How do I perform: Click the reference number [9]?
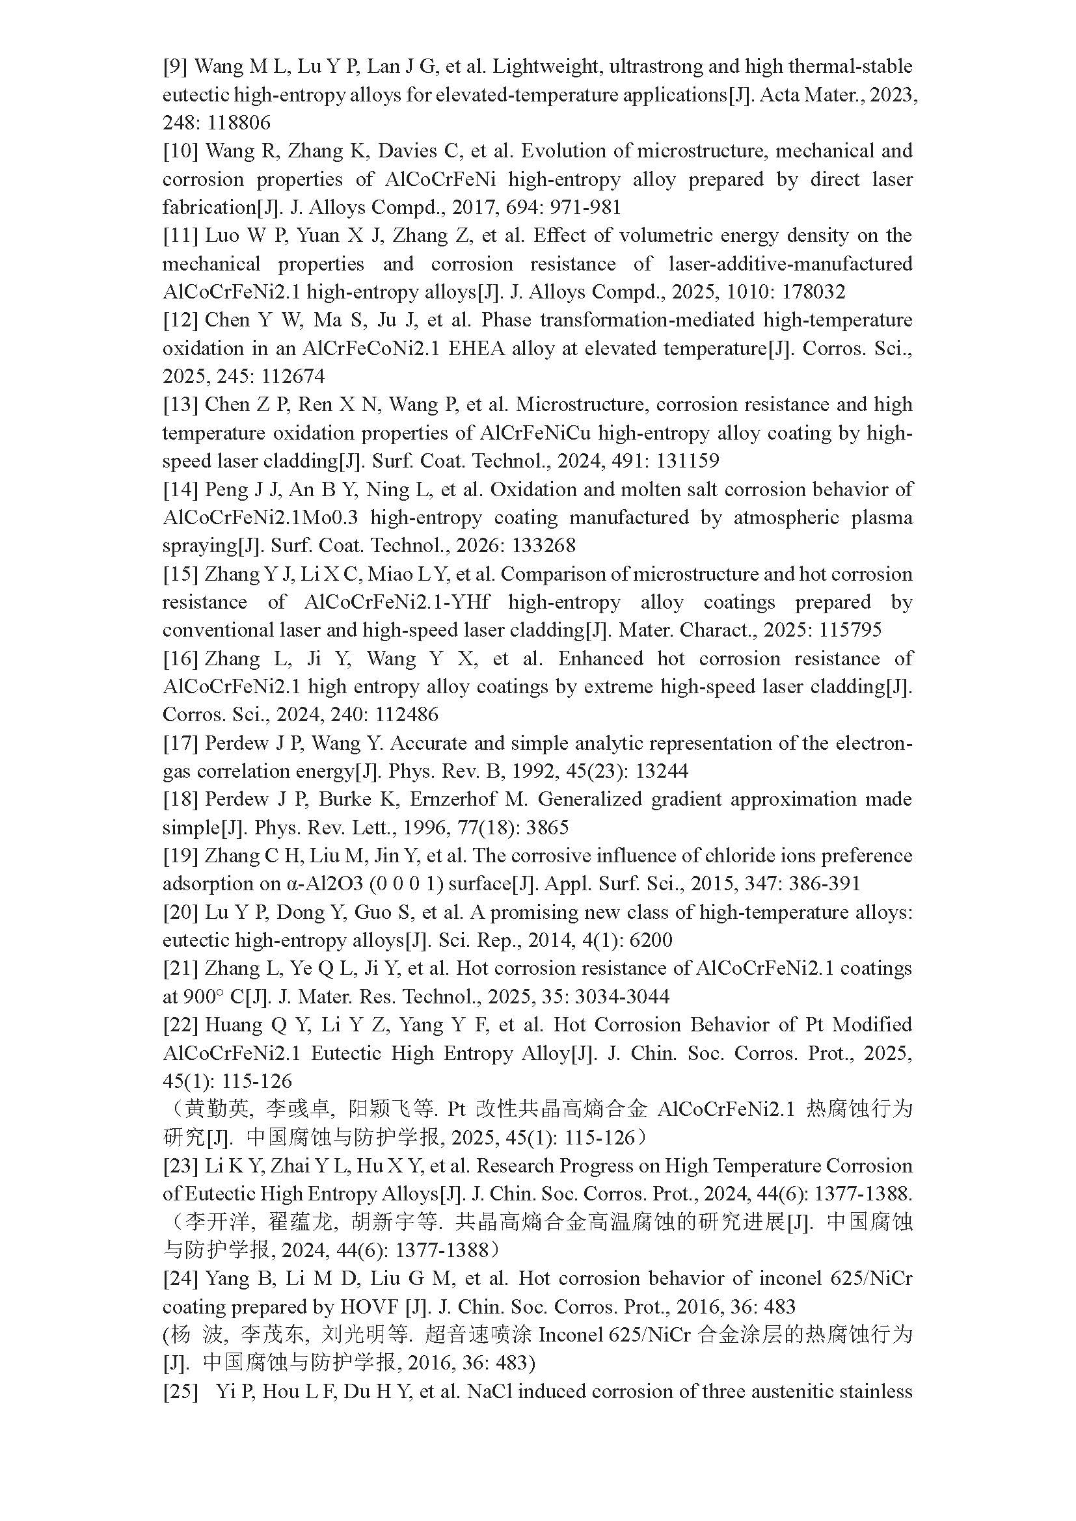coord(176,67)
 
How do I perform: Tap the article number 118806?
coord(240,123)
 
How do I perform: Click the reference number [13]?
coord(181,404)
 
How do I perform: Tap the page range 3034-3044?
coord(622,997)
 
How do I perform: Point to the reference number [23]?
coord(181,1166)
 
